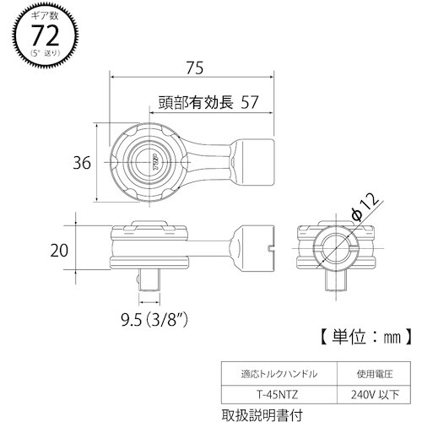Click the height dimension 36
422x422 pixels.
[x=81, y=163]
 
